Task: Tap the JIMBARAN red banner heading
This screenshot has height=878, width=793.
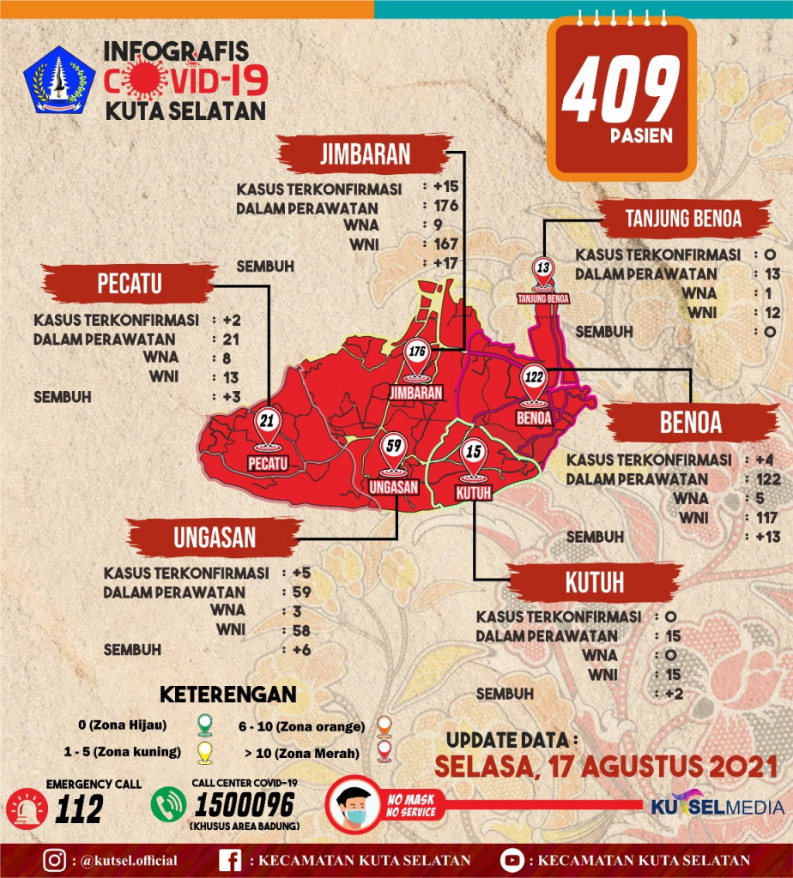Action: [365, 154]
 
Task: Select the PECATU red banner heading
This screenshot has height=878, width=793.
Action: [130, 284]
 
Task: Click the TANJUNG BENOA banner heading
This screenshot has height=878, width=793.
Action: [683, 219]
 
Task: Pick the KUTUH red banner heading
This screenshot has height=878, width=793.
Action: [594, 584]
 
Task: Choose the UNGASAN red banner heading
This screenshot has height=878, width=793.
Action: [215, 538]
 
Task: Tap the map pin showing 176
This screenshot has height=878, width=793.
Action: [418, 361]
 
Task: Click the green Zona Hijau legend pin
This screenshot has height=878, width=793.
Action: [204, 725]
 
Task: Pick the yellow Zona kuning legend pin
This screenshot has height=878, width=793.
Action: [204, 752]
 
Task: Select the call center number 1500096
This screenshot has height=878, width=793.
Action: [245, 805]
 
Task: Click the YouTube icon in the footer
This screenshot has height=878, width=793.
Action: [512, 860]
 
